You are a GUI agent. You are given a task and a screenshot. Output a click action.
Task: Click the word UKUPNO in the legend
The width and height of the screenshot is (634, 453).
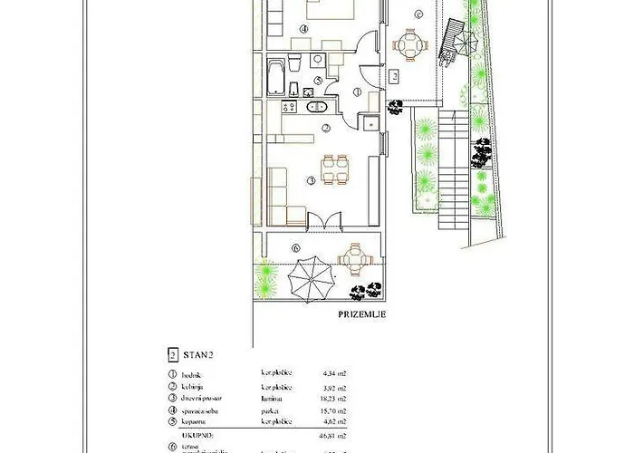(x=184, y=434)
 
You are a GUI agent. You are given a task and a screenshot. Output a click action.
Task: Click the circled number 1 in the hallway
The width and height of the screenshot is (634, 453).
(x=357, y=92)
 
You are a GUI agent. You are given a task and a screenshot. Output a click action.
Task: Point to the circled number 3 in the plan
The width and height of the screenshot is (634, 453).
(x=310, y=180)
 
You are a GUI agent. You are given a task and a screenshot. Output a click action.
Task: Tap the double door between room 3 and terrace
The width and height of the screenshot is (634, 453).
(x=324, y=221)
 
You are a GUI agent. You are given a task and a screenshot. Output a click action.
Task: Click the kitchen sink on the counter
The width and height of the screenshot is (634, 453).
(x=313, y=107)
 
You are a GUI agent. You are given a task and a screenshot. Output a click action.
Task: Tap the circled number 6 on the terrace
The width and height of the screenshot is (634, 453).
(x=296, y=247)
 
